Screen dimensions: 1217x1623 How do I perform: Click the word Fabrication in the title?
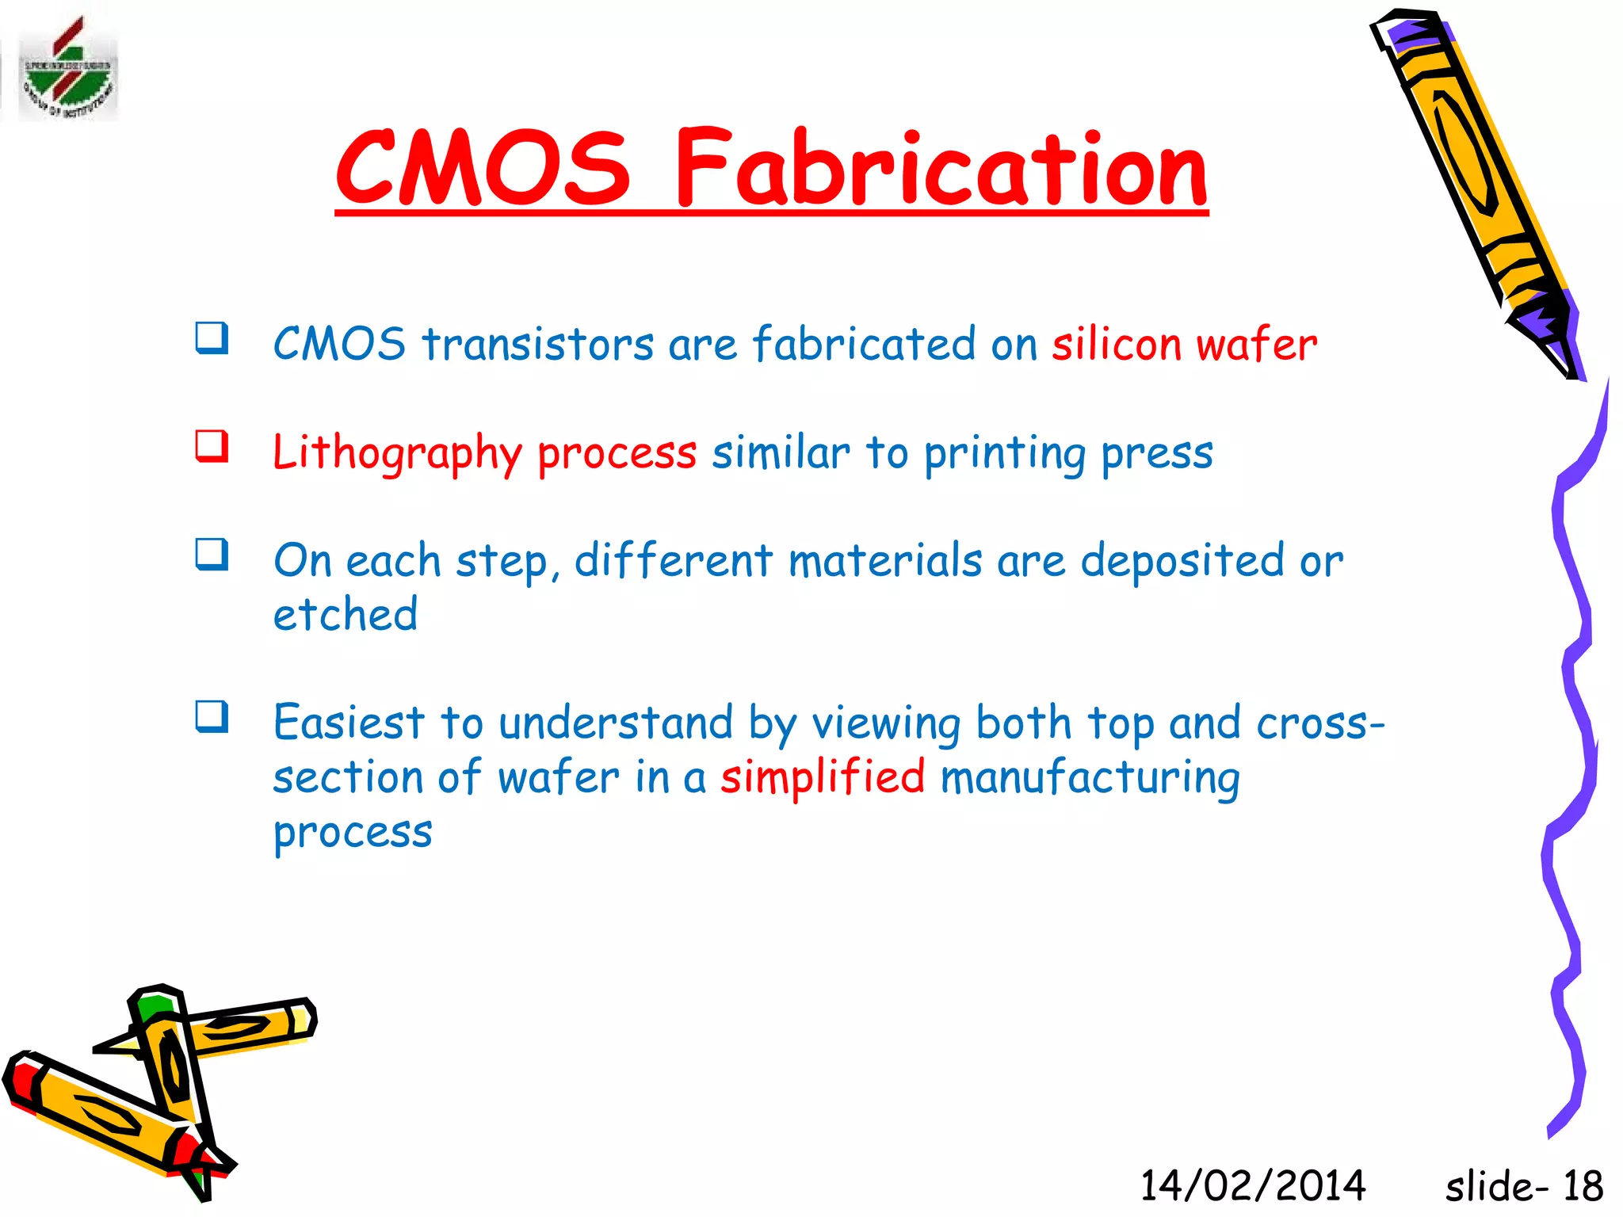coord(941,169)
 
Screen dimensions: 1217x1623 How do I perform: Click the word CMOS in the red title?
coord(483,169)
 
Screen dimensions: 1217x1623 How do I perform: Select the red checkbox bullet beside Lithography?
coord(212,446)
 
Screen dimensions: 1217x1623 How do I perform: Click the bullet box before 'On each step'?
coord(212,555)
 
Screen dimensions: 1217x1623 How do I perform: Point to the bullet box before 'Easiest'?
coord(212,717)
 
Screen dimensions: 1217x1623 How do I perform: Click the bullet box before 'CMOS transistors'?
coord(212,338)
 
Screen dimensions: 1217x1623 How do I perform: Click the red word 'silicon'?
coord(1116,345)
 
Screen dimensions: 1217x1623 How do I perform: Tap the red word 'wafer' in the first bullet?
coord(1256,345)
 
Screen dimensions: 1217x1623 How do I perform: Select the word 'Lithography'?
coord(397,453)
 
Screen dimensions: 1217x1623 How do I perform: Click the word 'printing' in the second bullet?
coord(1005,453)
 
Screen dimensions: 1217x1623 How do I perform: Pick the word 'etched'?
coord(345,615)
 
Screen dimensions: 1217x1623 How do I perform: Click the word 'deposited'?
coord(1182,561)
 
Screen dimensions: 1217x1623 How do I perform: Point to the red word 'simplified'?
coord(822,777)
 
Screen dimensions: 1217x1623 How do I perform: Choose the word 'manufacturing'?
coord(1090,777)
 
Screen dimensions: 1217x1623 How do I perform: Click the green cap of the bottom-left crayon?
coord(153,1006)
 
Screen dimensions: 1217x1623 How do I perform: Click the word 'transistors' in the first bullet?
coord(538,345)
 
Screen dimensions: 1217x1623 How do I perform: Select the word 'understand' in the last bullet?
coord(616,723)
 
